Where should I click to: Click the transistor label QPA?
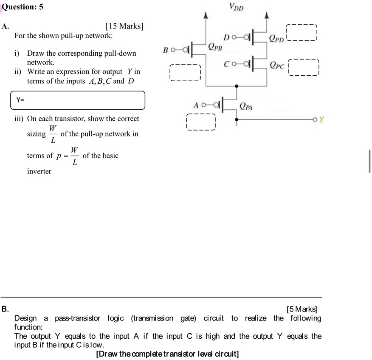246,105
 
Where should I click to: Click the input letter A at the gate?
196,105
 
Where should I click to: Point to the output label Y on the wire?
321,120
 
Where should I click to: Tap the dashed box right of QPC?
303,67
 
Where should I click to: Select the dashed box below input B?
184,73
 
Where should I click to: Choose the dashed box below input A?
201,122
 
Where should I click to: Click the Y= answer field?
78,100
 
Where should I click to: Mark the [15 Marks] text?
125,26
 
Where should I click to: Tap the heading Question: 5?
23,7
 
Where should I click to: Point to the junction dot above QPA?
237,86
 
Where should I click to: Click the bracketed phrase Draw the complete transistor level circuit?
167,354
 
